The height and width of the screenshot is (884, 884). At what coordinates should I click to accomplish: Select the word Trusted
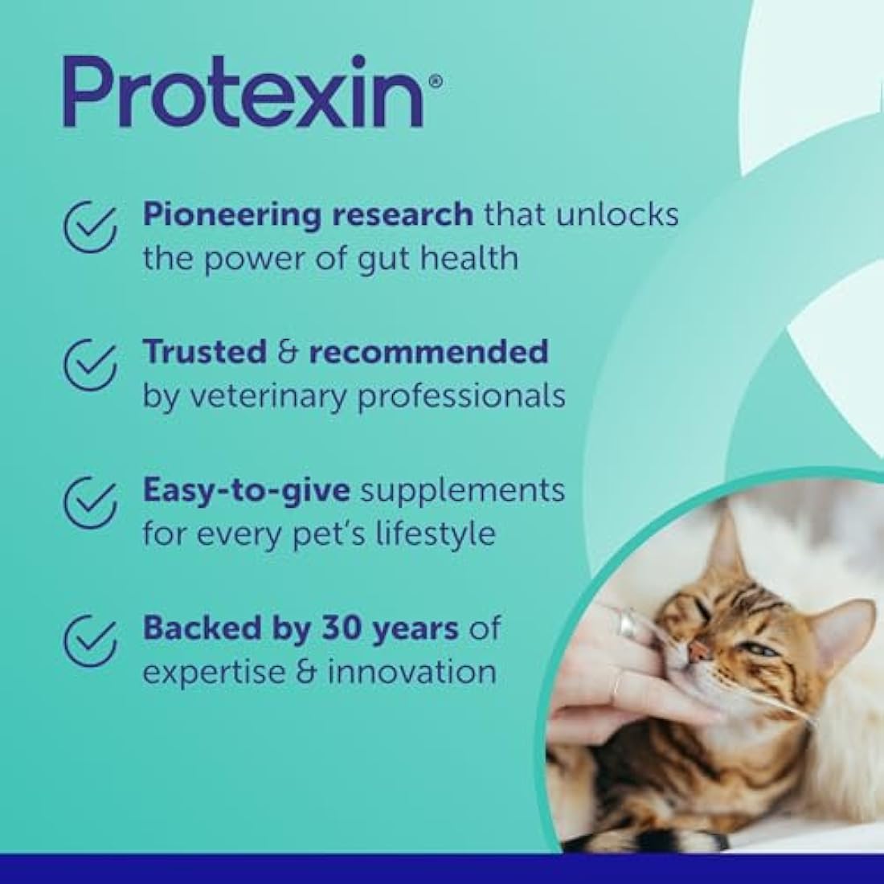click(x=204, y=351)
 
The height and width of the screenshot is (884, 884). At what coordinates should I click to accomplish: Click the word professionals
click(x=461, y=396)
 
